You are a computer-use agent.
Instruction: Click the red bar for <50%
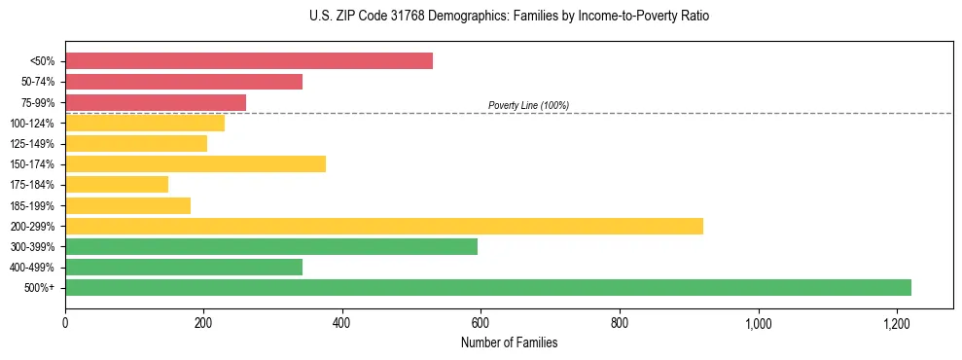tap(249, 61)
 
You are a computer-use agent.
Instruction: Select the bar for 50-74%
tap(184, 82)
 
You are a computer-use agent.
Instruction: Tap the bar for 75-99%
tap(156, 102)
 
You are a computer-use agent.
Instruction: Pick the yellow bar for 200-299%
tap(384, 226)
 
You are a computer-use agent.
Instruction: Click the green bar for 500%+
tap(488, 287)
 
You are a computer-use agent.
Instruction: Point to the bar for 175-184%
tap(117, 184)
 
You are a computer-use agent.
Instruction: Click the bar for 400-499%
tap(184, 267)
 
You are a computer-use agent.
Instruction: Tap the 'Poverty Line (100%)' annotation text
tap(528, 105)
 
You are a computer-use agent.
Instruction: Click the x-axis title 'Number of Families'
tap(509, 342)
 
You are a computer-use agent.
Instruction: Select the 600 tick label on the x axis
tap(481, 323)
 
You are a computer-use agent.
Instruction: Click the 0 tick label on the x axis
tap(65, 323)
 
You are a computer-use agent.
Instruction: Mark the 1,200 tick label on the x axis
tap(896, 323)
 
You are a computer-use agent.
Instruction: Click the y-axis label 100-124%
tap(32, 124)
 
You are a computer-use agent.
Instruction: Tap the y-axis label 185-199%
tap(32, 205)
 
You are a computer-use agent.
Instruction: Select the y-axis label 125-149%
tap(32, 144)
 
